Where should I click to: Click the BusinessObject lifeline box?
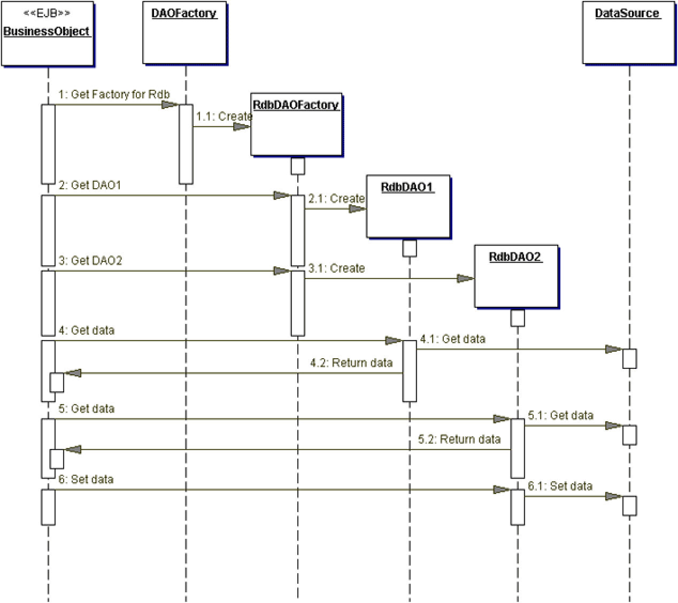pos(47,34)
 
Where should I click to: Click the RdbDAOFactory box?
pos(296,125)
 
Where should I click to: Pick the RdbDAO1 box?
pos(408,206)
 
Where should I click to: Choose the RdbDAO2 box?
pos(516,276)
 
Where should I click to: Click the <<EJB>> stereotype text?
pos(47,13)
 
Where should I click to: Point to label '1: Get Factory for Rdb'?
pos(114,95)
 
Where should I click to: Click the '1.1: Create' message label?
pos(224,117)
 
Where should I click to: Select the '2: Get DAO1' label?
pos(90,185)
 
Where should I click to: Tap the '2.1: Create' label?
pos(336,199)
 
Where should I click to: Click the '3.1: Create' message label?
pos(336,268)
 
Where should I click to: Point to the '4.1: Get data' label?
pos(452,339)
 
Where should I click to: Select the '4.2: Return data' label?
pos(351,363)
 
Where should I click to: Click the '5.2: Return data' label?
pos(459,439)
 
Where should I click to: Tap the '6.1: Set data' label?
pos(560,486)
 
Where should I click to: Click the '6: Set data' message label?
pos(86,479)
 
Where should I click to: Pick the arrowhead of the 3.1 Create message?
pos(465,279)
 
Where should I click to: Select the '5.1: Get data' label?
pos(560,415)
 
